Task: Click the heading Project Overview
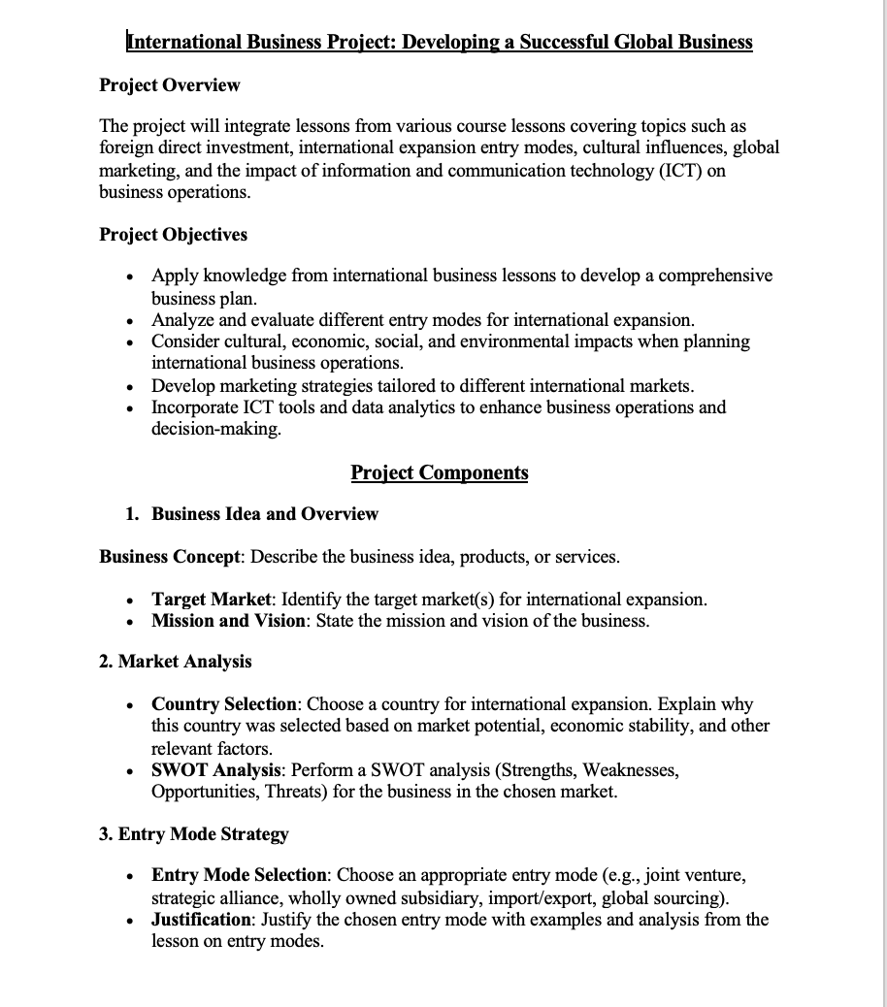pyautogui.click(x=169, y=85)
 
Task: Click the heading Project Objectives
pyautogui.click(x=173, y=235)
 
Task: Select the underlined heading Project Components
pyautogui.click(x=439, y=472)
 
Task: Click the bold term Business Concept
pyautogui.click(x=170, y=557)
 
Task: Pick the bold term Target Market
pyautogui.click(x=211, y=599)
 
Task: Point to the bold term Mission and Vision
pyautogui.click(x=228, y=621)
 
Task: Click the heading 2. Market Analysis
pyautogui.click(x=175, y=662)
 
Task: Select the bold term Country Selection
pyautogui.click(x=224, y=703)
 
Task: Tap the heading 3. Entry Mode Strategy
pyautogui.click(x=193, y=834)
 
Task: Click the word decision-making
pyautogui.click(x=215, y=429)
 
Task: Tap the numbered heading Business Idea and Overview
pyautogui.click(x=264, y=514)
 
